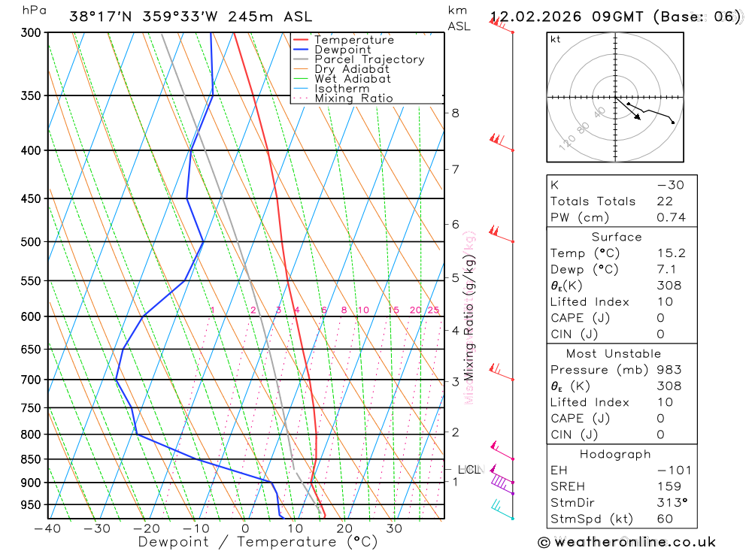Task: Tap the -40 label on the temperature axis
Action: click(47, 528)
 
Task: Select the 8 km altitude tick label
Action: click(456, 114)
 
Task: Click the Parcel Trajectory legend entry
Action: click(369, 59)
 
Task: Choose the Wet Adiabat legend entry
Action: click(353, 79)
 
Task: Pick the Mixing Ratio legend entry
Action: click(353, 98)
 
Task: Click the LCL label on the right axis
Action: click(468, 470)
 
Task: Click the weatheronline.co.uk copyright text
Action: click(626, 542)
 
